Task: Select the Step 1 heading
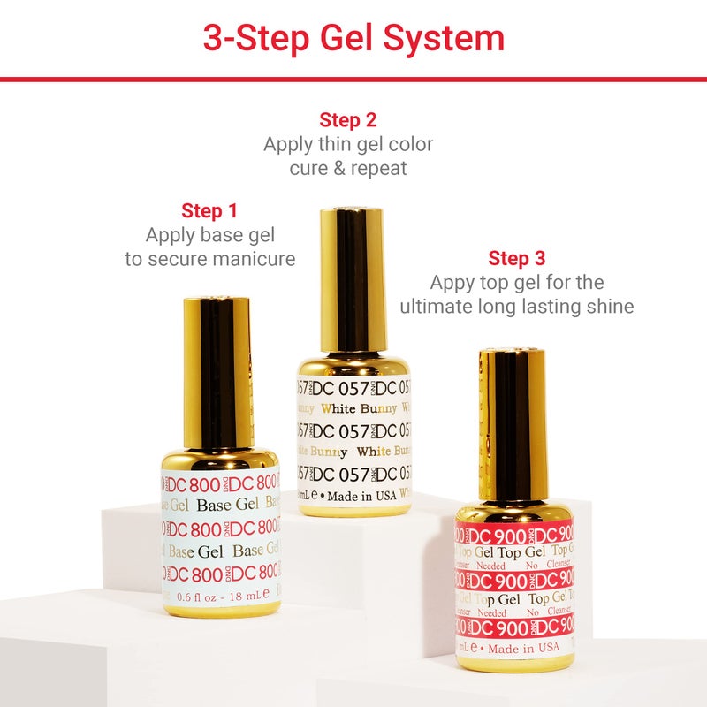click(x=209, y=211)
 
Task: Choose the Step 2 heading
click(x=348, y=120)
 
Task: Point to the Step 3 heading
click(x=517, y=259)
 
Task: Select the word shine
click(x=610, y=307)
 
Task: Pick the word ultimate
click(x=438, y=307)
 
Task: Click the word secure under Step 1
click(x=171, y=259)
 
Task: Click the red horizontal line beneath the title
click(x=353, y=79)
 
